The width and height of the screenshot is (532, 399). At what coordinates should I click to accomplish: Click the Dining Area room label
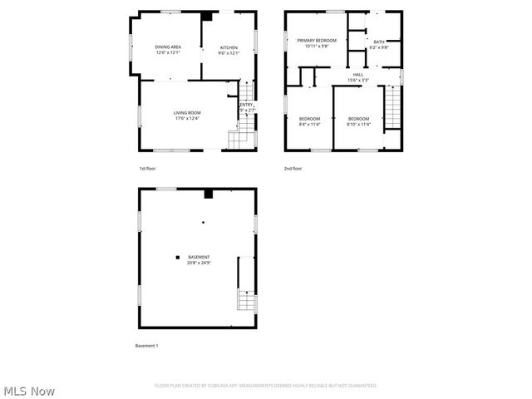[167, 47]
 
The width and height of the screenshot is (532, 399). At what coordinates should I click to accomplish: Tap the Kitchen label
[229, 47]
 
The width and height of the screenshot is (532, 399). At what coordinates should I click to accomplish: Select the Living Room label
[187, 113]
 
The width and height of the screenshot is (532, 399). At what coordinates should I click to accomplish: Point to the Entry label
[247, 104]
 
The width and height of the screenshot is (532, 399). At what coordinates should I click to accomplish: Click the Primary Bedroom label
[317, 40]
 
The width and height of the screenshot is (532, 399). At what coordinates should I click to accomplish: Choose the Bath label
[379, 42]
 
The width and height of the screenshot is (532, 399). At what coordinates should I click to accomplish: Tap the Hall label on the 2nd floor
[358, 75]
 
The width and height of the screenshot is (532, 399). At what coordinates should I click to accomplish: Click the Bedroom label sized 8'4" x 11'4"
[309, 118]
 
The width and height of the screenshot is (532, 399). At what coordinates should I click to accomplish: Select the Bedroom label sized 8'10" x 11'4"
[358, 118]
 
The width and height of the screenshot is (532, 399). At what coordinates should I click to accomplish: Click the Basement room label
[198, 257]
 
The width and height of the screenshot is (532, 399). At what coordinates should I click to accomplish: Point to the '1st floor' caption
[147, 169]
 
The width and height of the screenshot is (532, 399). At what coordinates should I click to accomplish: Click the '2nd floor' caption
[292, 169]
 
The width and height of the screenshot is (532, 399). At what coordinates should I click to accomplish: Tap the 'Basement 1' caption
[146, 346]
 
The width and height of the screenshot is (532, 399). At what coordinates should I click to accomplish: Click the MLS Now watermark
[29, 390]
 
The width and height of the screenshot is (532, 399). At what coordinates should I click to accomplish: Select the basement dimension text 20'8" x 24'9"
[198, 263]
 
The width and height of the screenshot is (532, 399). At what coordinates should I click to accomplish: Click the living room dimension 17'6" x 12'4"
[187, 119]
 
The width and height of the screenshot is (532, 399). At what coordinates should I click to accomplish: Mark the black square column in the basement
[177, 257]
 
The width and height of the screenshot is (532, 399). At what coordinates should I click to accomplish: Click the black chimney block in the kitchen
[206, 16]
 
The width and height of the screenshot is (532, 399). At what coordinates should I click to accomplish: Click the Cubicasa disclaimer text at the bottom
[266, 386]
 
